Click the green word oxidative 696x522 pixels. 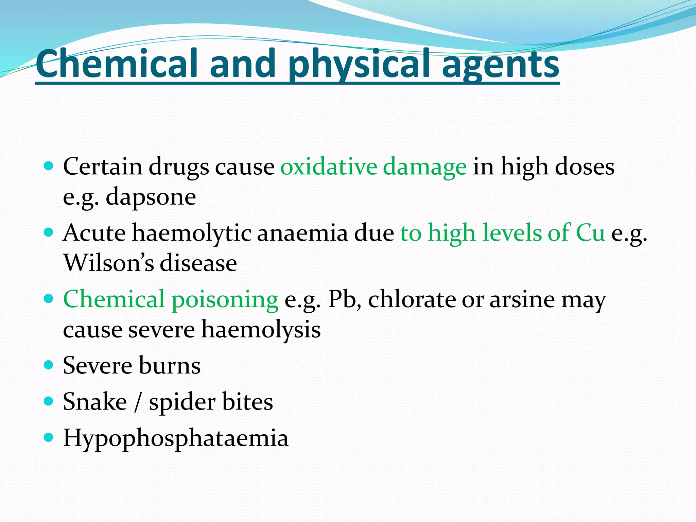click(328, 167)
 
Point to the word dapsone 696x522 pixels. click(151, 197)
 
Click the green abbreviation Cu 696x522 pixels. click(590, 233)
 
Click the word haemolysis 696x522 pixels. click(261, 330)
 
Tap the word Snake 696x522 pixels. click(95, 402)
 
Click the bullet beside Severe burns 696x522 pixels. click(49, 365)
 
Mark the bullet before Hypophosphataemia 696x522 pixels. click(49, 437)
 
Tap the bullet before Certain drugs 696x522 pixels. click(49, 166)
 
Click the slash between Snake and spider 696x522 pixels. click(138, 402)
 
